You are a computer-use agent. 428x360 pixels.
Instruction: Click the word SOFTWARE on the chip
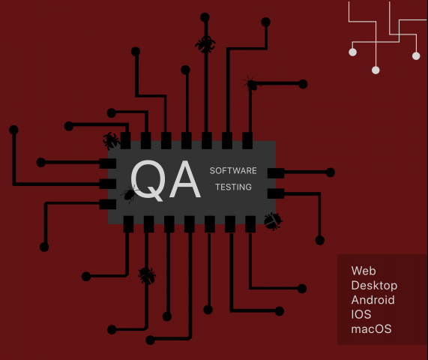pyautogui.click(x=233, y=171)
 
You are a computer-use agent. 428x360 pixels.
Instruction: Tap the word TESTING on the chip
pyautogui.click(x=233, y=187)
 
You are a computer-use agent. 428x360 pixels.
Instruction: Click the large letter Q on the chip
pyautogui.click(x=148, y=180)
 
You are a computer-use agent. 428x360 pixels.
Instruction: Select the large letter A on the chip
pyautogui.click(x=185, y=179)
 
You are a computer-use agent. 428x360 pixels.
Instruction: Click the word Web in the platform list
pyautogui.click(x=364, y=271)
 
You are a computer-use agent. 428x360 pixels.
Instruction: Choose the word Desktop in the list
pyautogui.click(x=374, y=286)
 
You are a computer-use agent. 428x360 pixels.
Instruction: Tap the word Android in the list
pyautogui.click(x=373, y=300)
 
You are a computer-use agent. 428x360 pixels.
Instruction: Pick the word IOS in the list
pyautogui.click(x=361, y=314)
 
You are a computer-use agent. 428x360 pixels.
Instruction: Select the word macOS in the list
pyautogui.click(x=371, y=329)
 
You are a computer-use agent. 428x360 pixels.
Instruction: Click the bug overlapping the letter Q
pyautogui.click(x=129, y=194)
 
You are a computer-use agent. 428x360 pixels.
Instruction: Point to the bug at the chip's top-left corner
pyautogui.click(x=111, y=141)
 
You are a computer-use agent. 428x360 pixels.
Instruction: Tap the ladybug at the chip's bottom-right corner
pyautogui.click(x=273, y=221)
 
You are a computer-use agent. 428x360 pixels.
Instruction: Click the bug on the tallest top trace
pyautogui.click(x=205, y=44)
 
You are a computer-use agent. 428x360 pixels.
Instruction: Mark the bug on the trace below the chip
pyautogui.click(x=147, y=276)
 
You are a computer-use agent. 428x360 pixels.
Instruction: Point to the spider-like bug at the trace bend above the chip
pyautogui.click(x=251, y=84)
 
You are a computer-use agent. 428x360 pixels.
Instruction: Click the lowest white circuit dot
pyautogui.click(x=376, y=70)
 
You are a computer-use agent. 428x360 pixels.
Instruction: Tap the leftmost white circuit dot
pyautogui.click(x=352, y=52)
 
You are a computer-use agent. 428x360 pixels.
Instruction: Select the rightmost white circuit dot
pyautogui.click(x=416, y=56)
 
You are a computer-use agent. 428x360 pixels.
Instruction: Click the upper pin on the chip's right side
pyautogui.click(x=276, y=173)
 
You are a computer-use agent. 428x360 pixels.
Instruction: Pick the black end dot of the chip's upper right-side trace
pyautogui.click(x=331, y=172)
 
